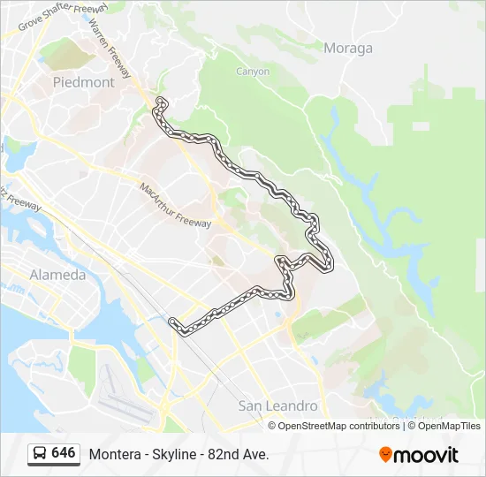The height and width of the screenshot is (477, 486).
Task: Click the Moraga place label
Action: [x=348, y=49]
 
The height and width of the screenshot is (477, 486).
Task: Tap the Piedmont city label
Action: [x=84, y=82]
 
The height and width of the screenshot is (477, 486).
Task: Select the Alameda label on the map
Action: [x=57, y=275]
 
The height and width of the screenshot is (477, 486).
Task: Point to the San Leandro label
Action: [x=278, y=405]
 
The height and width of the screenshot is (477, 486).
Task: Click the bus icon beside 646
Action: [x=40, y=454]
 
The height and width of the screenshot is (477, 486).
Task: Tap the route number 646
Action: [x=64, y=453]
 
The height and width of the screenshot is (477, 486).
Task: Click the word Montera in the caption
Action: [x=113, y=454]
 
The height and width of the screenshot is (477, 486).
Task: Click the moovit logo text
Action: [x=425, y=455]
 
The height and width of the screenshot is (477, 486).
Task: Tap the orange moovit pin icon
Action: [x=385, y=455]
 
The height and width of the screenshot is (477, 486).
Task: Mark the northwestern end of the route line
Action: [x=160, y=102]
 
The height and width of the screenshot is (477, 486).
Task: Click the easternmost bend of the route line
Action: [x=330, y=262]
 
